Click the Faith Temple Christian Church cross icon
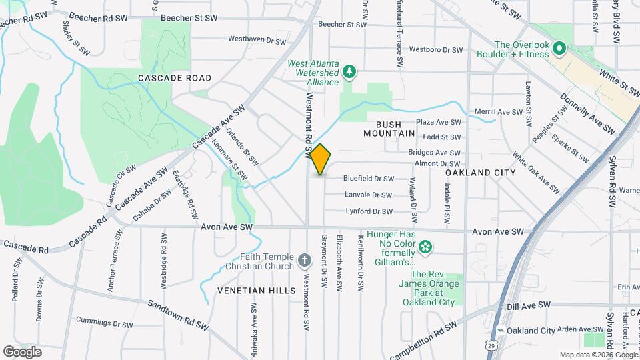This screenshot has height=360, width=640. coord(303,260)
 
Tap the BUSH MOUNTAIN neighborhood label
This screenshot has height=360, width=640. coord(389,129)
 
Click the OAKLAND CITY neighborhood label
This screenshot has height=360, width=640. coord(481,173)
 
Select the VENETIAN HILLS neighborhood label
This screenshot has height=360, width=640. coord(256,291)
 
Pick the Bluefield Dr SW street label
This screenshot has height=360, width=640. coord(369,179)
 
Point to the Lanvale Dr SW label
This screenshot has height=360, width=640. coord(368,195)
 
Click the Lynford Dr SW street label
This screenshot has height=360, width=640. coord(369,211)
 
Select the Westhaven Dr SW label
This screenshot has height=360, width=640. coord(257,40)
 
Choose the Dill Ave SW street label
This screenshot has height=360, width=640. coord(529,305)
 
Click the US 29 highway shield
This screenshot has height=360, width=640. coord(491,345)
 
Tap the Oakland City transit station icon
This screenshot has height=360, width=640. coord(500,331)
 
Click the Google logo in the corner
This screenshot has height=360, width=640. coord(22,351)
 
